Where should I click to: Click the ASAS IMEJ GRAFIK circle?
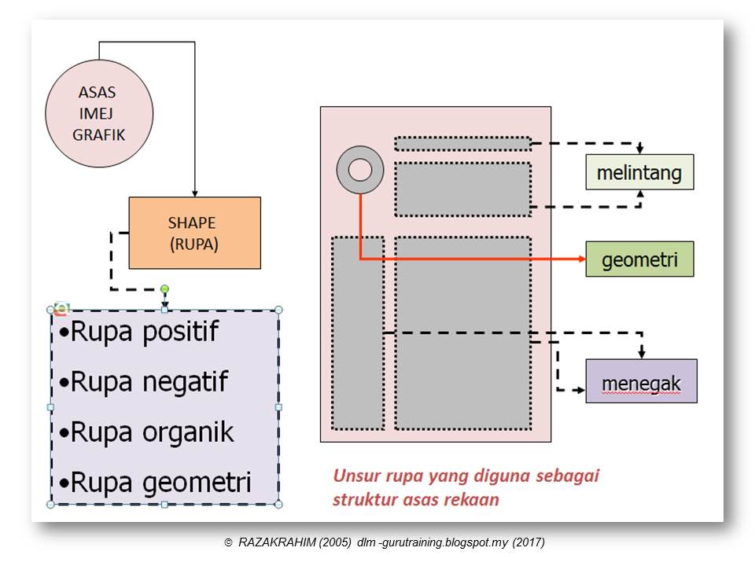pyautogui.click(x=98, y=115)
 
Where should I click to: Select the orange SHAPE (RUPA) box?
pyautogui.click(x=194, y=233)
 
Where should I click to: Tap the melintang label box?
pyautogui.click(x=639, y=172)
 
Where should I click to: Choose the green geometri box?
pyautogui.click(x=639, y=259)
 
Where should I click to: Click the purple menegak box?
pyautogui.click(x=641, y=381)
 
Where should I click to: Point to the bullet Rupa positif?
pyautogui.click(x=139, y=333)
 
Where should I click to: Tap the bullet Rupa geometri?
pyautogui.click(x=155, y=482)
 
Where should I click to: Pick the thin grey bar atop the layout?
pyautogui.click(x=462, y=144)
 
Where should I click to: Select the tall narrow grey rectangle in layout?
pyautogui.click(x=357, y=333)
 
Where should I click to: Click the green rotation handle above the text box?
pyautogui.click(x=164, y=289)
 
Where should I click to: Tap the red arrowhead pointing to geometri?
pyautogui.click(x=581, y=259)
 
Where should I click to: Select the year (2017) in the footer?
pyautogui.click(x=528, y=542)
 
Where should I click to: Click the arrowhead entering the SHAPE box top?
pyautogui.click(x=194, y=193)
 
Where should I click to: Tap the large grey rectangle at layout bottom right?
pyautogui.click(x=462, y=333)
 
